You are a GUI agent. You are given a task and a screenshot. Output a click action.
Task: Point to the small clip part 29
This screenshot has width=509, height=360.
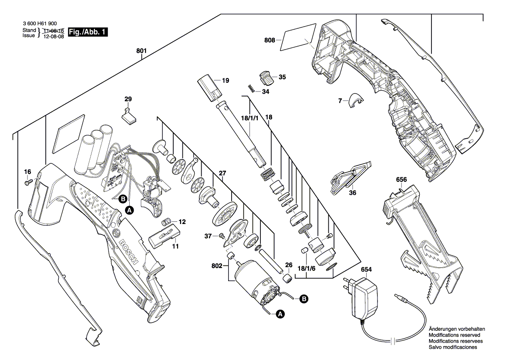tap(128, 116)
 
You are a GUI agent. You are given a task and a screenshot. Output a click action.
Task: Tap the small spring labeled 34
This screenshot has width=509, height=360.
tap(251, 88)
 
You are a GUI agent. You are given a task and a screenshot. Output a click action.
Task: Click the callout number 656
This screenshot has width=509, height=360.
tap(401, 179)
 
